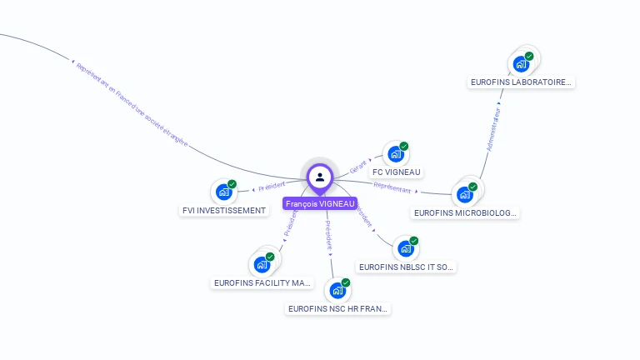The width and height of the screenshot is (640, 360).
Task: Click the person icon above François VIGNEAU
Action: point(320,177)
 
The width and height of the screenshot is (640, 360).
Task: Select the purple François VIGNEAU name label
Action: point(320,203)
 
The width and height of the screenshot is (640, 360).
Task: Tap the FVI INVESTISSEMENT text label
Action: point(224,210)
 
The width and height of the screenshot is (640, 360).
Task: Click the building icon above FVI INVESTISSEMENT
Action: point(223,192)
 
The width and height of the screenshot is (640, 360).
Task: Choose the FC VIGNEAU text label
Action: point(397,172)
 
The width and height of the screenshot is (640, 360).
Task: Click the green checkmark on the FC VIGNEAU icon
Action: point(404,147)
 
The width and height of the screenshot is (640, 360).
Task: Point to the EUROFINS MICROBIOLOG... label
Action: point(466,212)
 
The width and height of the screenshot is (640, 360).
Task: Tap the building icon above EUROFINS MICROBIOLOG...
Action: point(464,195)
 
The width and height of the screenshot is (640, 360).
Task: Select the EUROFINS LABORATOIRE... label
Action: point(522,82)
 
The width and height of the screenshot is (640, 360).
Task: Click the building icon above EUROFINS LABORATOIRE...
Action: point(521,63)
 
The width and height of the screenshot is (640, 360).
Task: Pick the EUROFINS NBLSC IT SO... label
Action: point(407,267)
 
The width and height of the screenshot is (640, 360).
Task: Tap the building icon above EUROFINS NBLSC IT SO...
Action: point(406,248)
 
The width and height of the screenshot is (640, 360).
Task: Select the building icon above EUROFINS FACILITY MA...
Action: point(262,265)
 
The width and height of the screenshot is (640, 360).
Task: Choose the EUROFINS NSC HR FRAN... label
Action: point(337,308)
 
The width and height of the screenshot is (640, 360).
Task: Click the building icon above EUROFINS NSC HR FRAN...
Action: point(337,291)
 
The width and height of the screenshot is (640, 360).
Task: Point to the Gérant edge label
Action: point(358,165)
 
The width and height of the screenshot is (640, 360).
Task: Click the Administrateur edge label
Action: point(493,129)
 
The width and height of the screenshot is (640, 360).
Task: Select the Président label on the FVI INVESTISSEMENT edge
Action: point(272,187)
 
